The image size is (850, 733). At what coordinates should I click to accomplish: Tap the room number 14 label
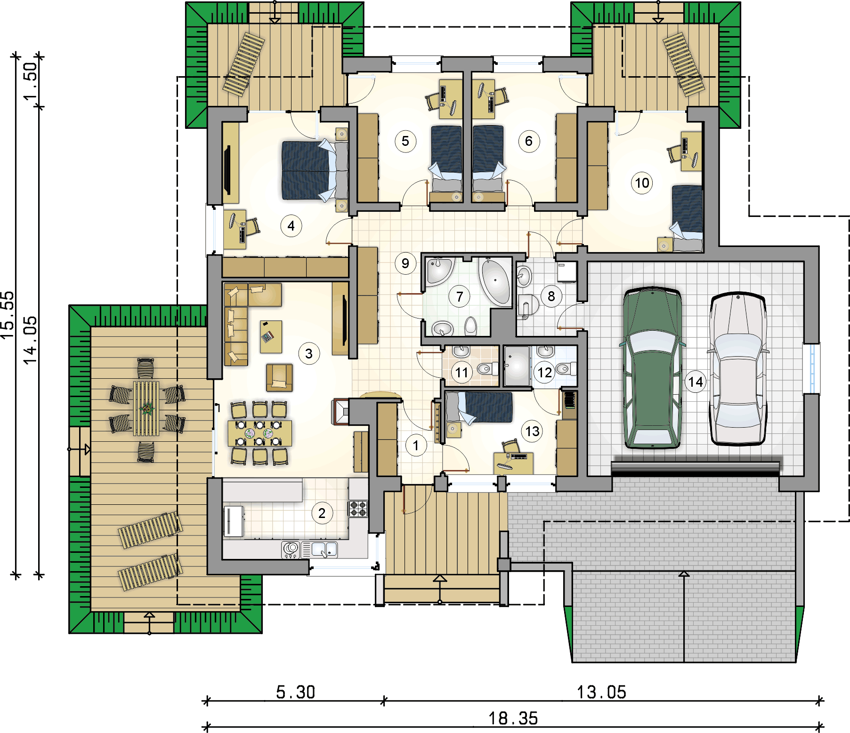click(x=696, y=382)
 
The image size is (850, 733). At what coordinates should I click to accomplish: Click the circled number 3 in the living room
click(x=309, y=353)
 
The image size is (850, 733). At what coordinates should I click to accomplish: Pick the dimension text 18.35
click(x=513, y=718)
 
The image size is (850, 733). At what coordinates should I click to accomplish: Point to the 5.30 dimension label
click(x=295, y=692)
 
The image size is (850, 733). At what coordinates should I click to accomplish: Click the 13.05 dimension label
click(x=601, y=692)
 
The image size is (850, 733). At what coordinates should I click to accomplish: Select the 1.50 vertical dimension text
click(x=30, y=81)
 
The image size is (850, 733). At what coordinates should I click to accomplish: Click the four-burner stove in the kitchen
click(x=358, y=509)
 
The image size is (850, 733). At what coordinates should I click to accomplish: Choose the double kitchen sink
click(x=319, y=550)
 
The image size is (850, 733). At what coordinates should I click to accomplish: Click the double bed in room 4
click(x=315, y=170)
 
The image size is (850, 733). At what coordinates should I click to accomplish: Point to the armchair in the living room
click(x=279, y=377)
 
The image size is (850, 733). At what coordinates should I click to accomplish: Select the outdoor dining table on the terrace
click(x=146, y=408)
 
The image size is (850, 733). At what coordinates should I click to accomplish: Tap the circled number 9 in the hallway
click(x=405, y=263)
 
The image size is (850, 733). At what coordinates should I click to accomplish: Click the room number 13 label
click(x=532, y=431)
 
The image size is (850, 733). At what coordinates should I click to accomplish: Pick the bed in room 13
click(x=479, y=407)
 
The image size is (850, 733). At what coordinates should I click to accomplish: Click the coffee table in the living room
click(x=271, y=336)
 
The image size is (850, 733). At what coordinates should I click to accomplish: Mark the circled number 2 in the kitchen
click(x=322, y=513)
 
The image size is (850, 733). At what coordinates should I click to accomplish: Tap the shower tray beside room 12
click(x=517, y=366)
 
